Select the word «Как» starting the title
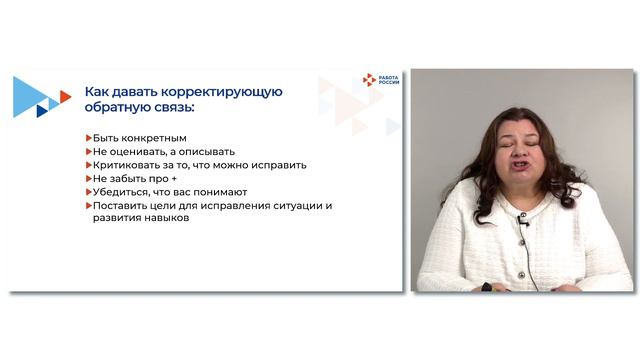tap(98, 91)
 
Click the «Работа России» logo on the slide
tap(381, 80)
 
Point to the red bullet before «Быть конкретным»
tap(88, 137)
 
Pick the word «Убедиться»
tap(123, 192)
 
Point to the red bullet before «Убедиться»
tap(88, 192)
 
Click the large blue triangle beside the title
tap(28, 97)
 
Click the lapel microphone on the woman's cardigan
tap(523, 222)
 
